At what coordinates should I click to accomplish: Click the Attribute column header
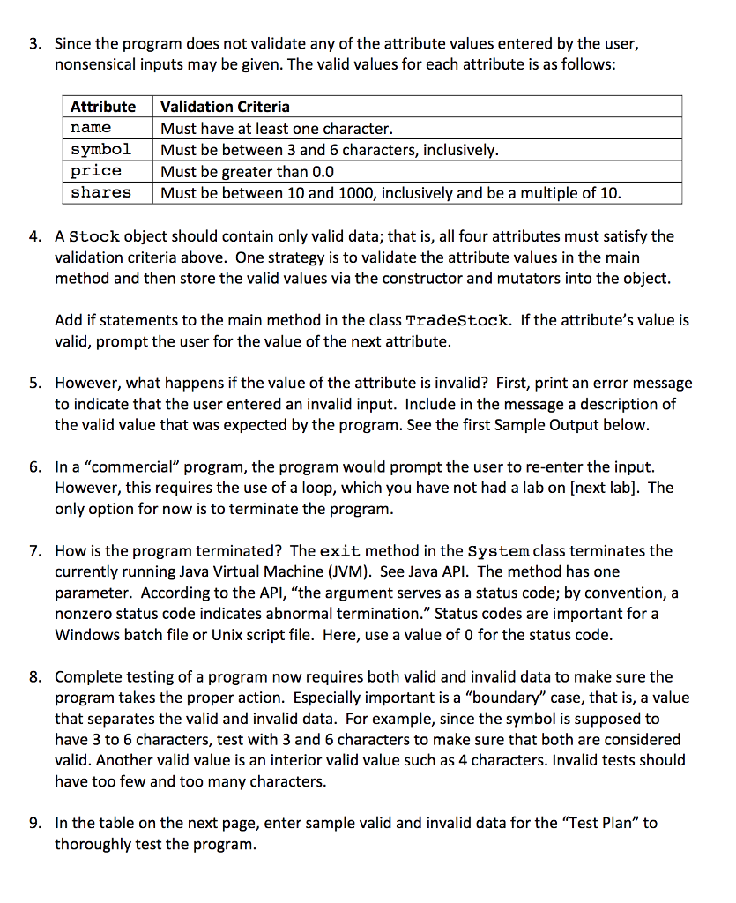tap(103, 107)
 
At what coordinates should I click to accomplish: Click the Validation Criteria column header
tap(225, 107)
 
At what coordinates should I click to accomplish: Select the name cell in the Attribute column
tap(91, 128)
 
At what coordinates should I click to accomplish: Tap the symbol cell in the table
tap(100, 149)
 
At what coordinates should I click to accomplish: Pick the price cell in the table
tap(96, 170)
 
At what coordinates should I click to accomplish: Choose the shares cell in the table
tap(100, 191)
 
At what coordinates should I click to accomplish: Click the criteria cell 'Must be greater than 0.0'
tap(247, 171)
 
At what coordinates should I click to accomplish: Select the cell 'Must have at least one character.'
tap(271, 129)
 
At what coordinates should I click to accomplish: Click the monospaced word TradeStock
tap(458, 320)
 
